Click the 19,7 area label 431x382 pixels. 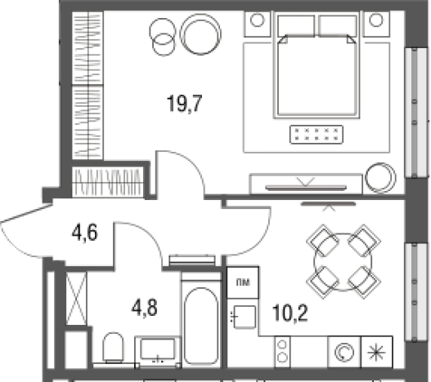[x=184, y=104]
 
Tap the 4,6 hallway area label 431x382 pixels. [x=85, y=233]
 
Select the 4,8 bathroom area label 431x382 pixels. [x=145, y=308]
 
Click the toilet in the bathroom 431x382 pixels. [x=113, y=348]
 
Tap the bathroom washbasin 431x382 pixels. [x=157, y=351]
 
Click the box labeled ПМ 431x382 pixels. [x=243, y=282]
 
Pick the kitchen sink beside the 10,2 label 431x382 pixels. [x=244, y=317]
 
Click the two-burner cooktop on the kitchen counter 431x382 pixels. [x=282, y=352]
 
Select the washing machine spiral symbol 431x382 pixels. [x=344, y=352]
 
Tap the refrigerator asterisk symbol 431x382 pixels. [x=376, y=352]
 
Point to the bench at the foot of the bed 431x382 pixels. [x=317, y=135]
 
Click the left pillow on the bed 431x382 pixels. [x=296, y=26]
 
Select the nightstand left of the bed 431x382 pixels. [x=258, y=24]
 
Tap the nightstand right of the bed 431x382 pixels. [x=376, y=24]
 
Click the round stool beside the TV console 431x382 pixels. [x=380, y=178]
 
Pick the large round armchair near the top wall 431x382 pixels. [x=200, y=34]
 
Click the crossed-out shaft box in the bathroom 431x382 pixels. [x=76, y=299]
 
